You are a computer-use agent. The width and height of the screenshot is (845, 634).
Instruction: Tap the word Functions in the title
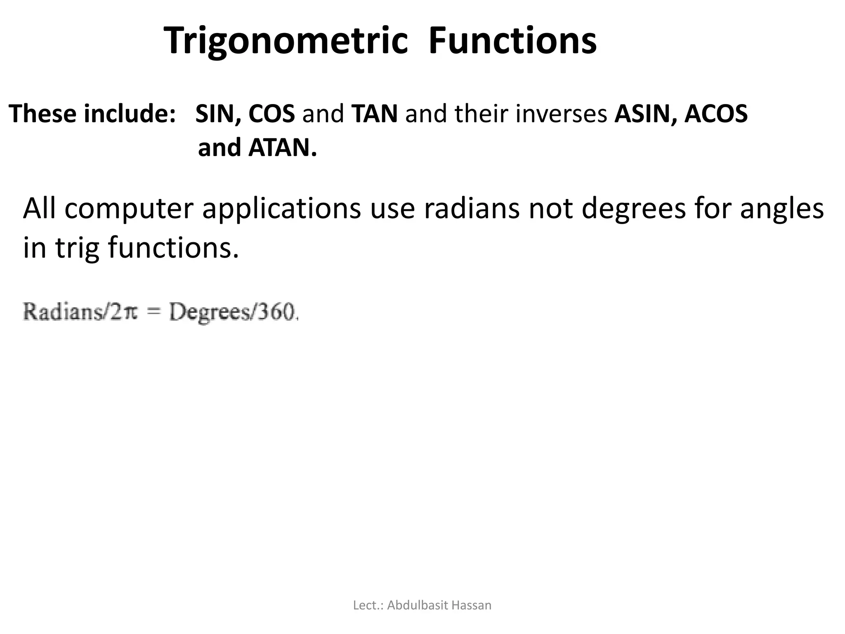[512, 40]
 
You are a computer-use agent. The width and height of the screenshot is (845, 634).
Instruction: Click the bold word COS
[271, 114]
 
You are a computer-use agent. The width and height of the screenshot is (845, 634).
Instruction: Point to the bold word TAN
[375, 114]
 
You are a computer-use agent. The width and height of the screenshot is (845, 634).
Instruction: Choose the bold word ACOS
[716, 114]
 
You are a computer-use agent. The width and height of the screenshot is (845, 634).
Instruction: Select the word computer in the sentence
[129, 209]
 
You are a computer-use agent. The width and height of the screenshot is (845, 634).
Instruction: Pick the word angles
[782, 209]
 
